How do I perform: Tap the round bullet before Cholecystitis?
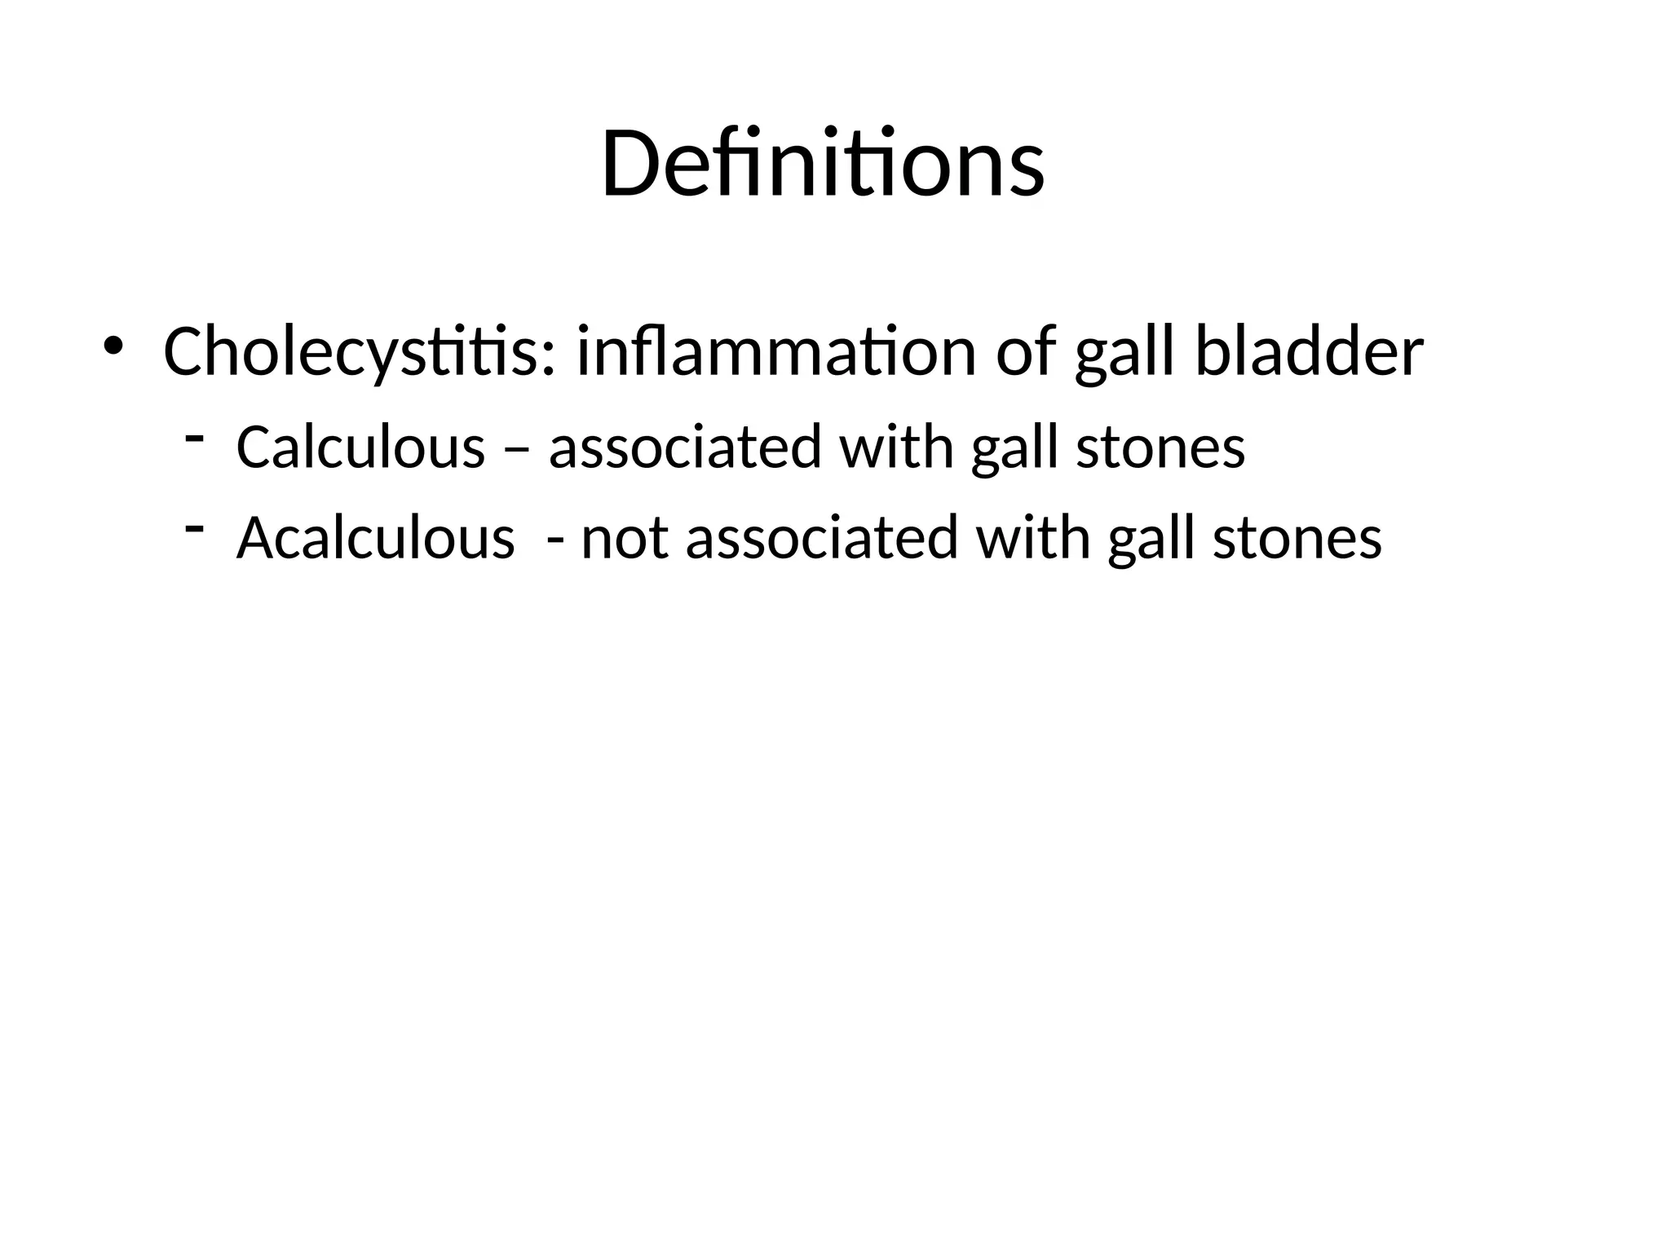click(113, 346)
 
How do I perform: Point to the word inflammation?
click(775, 352)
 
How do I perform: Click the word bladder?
click(1309, 352)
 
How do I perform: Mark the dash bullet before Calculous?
click(194, 439)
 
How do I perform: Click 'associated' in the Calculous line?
click(685, 447)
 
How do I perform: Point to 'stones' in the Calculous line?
click(1160, 447)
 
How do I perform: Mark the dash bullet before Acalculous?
click(194, 530)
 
